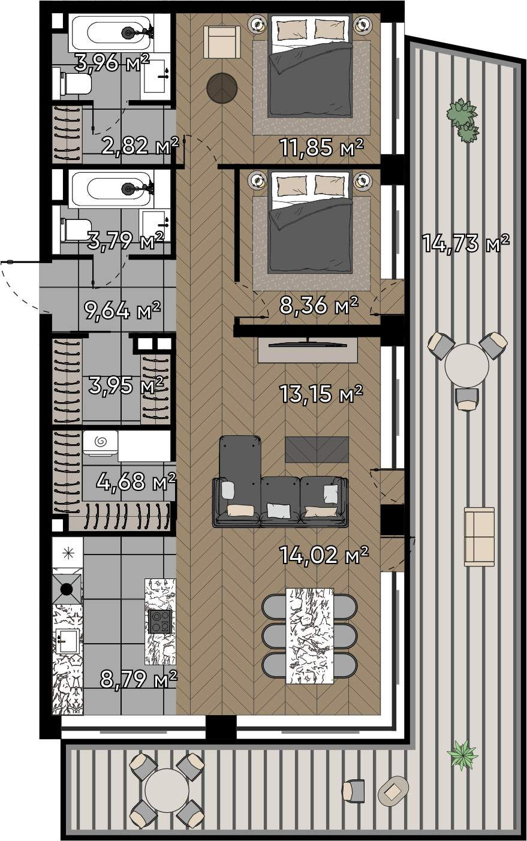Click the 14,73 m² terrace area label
click(466, 243)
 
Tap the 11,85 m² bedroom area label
click(322, 147)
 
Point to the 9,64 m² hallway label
click(122, 310)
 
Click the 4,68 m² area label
click(136, 481)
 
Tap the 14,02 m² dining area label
click(324, 554)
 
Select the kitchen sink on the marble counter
click(68, 641)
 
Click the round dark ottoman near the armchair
click(222, 88)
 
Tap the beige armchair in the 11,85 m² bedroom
click(222, 42)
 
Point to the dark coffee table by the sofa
click(317, 450)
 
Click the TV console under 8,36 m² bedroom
click(308, 349)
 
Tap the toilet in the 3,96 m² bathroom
click(76, 83)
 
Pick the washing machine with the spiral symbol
click(100, 443)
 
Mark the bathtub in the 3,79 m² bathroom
click(111, 188)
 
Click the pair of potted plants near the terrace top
click(463, 120)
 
